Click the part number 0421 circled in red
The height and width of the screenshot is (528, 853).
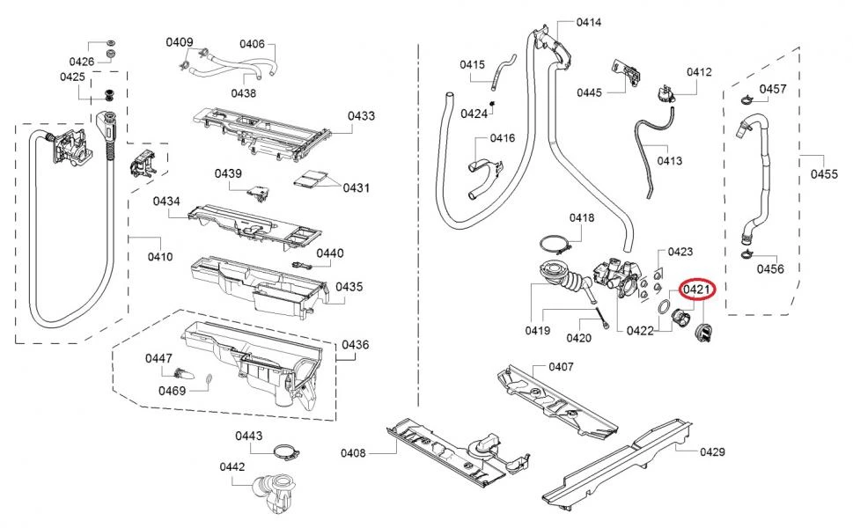coord(697,290)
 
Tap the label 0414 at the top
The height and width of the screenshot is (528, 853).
coord(589,22)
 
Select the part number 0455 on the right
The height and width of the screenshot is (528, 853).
coord(824,174)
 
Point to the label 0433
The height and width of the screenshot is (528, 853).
coord(361,116)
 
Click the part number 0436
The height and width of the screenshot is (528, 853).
coord(356,345)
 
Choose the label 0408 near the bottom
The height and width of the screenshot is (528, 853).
coord(354,453)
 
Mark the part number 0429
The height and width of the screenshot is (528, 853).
coord(713,451)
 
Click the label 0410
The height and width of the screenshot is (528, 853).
coord(160,257)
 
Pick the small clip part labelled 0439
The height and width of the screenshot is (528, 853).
coord(259,193)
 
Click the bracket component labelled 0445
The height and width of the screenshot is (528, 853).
coord(626,73)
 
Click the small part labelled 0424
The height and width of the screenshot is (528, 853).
coord(492,103)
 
